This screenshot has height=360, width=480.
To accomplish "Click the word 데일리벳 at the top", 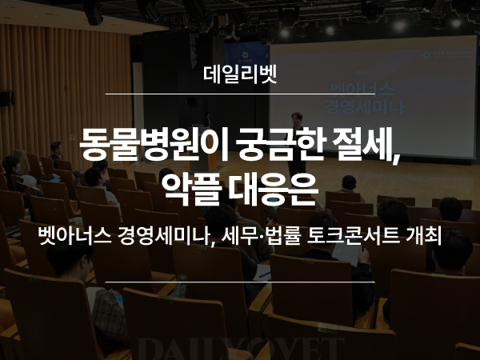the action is (x=240, y=74).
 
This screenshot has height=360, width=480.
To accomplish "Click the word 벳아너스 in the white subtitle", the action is (x=74, y=236).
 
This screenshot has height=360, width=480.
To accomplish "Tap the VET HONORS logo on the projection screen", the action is (x=447, y=54).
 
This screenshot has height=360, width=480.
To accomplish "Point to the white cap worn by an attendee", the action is (x=27, y=182).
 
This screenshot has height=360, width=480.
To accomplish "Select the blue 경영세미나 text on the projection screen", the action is (x=366, y=107).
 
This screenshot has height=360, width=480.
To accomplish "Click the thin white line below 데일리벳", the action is (x=240, y=94).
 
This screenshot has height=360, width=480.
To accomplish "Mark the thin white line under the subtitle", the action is (x=240, y=282).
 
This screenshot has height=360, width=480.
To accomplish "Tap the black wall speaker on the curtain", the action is (x=6, y=98).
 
